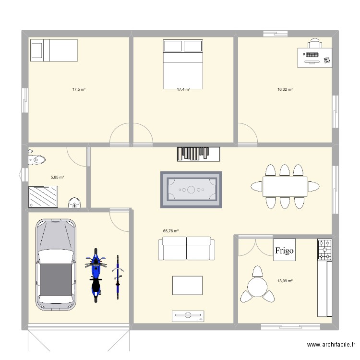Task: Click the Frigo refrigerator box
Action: (x=284, y=250)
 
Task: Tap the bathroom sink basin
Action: (x=74, y=203)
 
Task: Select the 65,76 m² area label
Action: (x=171, y=231)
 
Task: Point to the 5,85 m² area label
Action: (x=57, y=177)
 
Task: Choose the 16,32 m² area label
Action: (x=285, y=89)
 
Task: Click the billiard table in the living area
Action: (x=191, y=190)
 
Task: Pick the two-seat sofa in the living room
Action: (x=186, y=248)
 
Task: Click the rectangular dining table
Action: (x=285, y=186)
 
